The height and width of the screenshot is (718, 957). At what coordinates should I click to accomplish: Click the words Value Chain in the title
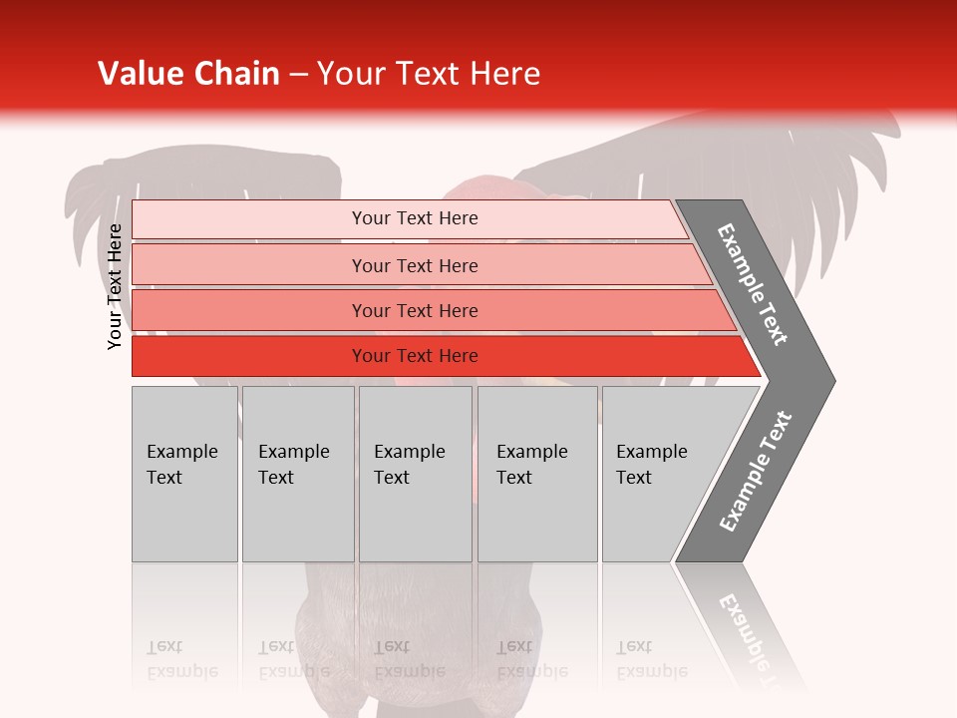click(x=188, y=74)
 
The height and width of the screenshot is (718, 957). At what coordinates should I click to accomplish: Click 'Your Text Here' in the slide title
click(x=429, y=74)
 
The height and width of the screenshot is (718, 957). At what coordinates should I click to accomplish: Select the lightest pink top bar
click(x=249, y=219)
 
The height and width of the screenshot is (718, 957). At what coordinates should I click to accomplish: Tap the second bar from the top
click(x=249, y=265)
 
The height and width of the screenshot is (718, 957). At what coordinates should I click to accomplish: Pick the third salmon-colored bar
click(x=249, y=310)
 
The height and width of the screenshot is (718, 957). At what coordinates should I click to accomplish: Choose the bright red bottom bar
click(x=249, y=356)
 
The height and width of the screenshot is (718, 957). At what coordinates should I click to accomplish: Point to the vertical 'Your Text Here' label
click(x=115, y=287)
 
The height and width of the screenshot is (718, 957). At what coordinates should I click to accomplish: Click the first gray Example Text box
click(x=184, y=519)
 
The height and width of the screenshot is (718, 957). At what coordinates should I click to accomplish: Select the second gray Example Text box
click(x=298, y=519)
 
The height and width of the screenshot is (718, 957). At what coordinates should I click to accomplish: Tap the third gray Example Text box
click(x=415, y=519)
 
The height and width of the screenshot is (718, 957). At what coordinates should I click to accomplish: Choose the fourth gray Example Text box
click(x=537, y=519)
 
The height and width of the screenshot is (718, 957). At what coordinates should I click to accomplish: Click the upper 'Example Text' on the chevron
click(x=753, y=284)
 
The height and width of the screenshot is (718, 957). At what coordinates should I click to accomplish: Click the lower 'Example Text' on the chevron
click(x=756, y=472)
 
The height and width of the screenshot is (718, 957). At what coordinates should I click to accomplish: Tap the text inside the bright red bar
click(x=415, y=356)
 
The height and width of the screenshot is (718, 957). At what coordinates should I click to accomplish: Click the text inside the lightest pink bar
click(x=415, y=218)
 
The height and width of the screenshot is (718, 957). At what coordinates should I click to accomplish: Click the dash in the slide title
click(x=298, y=75)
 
